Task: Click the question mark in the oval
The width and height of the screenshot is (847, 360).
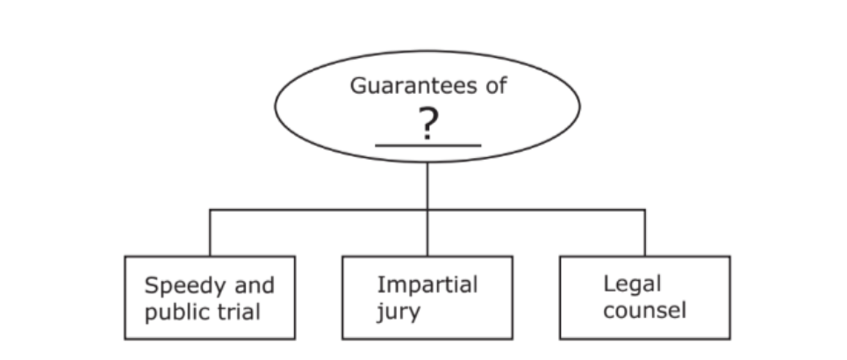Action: [x=427, y=126]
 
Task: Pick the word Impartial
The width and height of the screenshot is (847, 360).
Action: [x=427, y=284]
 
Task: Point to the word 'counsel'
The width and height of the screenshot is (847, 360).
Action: [x=644, y=311]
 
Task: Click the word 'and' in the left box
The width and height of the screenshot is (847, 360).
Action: [x=254, y=285]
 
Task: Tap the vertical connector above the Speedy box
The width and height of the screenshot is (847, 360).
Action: [x=211, y=233]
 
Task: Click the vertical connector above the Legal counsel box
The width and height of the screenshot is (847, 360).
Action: [x=645, y=233]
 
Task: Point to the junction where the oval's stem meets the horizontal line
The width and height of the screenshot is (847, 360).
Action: [x=427, y=209]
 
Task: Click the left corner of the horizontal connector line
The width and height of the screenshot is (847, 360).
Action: [x=211, y=209]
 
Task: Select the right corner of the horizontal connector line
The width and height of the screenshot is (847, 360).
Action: [x=645, y=209]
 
